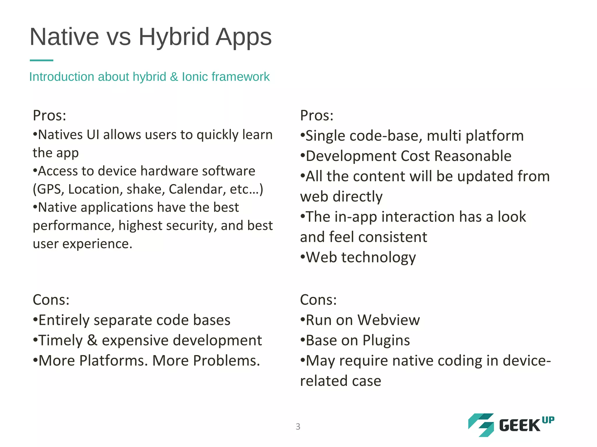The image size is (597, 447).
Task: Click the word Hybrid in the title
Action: [x=174, y=37]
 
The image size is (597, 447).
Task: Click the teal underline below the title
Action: [x=41, y=60]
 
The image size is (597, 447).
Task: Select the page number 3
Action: [x=298, y=426]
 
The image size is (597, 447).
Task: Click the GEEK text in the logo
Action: [x=519, y=426]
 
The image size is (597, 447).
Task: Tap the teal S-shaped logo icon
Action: [x=481, y=425]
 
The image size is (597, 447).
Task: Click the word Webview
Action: [x=389, y=320]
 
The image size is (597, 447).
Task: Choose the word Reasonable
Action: [x=473, y=156]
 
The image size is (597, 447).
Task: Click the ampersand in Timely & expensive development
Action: [x=92, y=340]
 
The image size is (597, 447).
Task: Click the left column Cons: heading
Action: [x=51, y=300]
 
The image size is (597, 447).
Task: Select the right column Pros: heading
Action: [x=317, y=116]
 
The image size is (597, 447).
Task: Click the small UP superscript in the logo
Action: [x=548, y=420]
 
